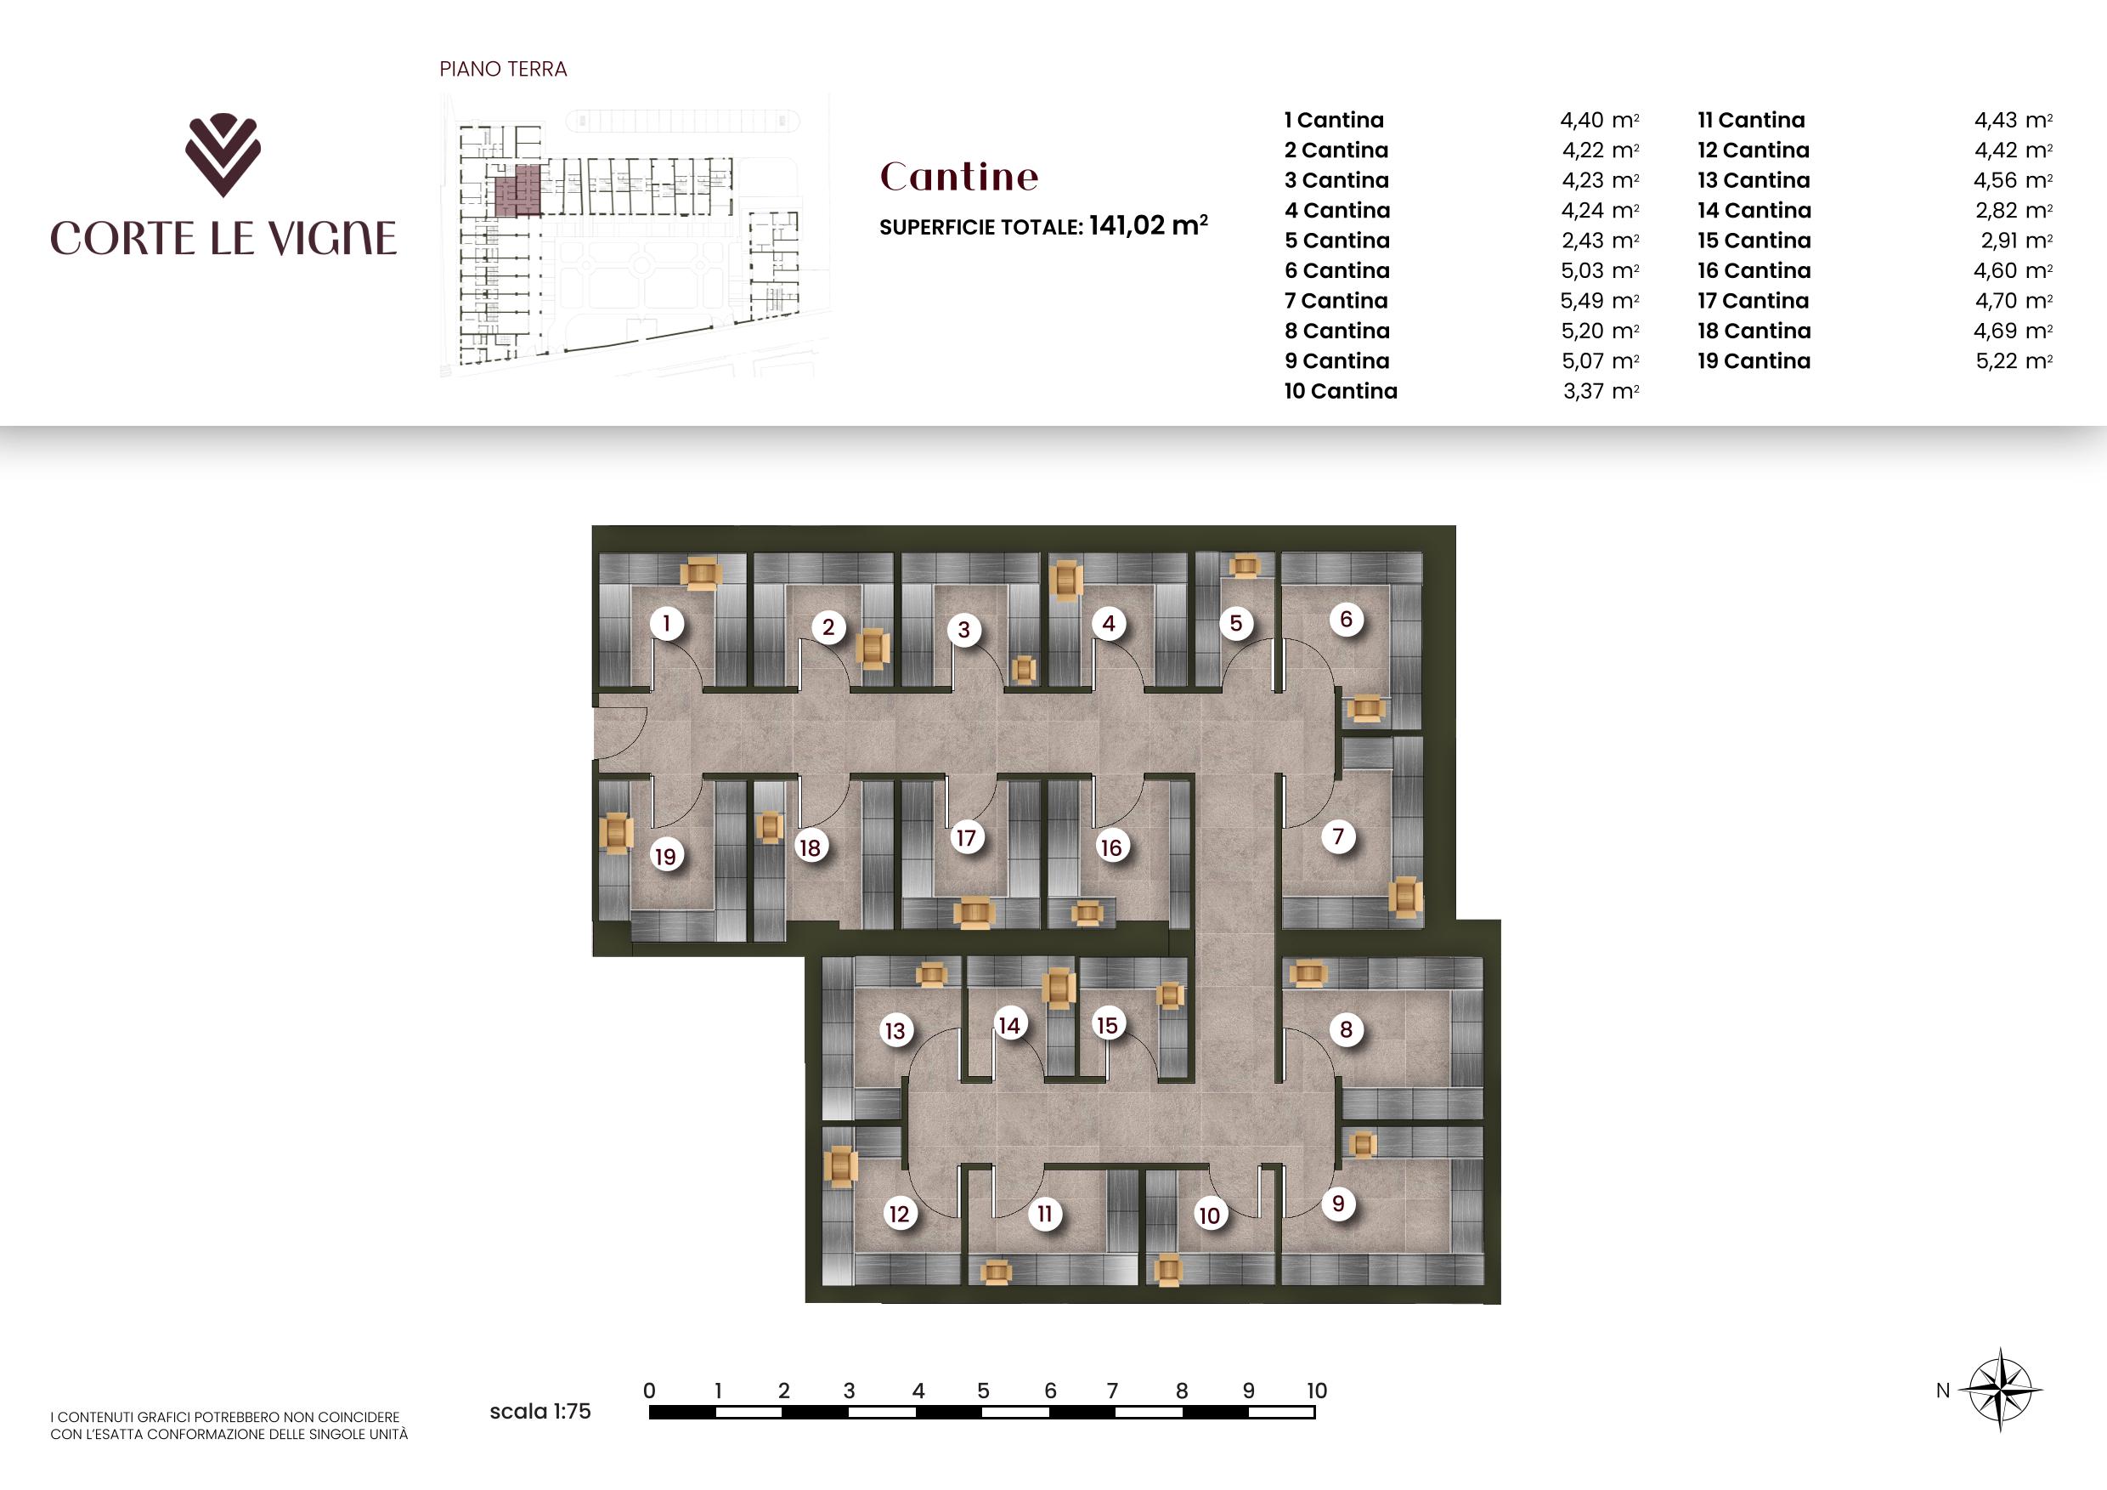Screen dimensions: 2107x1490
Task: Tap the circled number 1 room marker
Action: click(666, 623)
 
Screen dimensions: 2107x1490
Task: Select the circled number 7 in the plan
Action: click(1338, 836)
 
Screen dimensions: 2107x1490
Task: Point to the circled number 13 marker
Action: click(895, 1030)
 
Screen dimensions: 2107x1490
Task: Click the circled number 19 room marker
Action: click(665, 857)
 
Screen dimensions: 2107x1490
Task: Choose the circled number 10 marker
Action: click(1210, 1215)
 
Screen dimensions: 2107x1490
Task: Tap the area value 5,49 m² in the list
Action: click(1600, 301)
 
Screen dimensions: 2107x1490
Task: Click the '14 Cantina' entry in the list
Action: click(1754, 210)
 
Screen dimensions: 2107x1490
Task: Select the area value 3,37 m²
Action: click(1601, 391)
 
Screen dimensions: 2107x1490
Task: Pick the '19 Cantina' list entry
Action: click(1754, 360)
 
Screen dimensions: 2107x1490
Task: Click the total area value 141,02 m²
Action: click(1148, 225)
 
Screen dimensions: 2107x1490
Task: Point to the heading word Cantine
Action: click(959, 176)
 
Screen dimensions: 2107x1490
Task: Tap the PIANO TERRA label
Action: click(503, 69)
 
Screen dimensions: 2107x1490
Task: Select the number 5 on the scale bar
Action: click(983, 1391)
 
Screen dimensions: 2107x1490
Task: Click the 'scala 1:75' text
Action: click(539, 1411)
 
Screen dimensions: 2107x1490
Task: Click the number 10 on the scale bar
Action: click(1316, 1391)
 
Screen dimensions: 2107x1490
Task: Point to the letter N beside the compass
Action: click(1943, 1391)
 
